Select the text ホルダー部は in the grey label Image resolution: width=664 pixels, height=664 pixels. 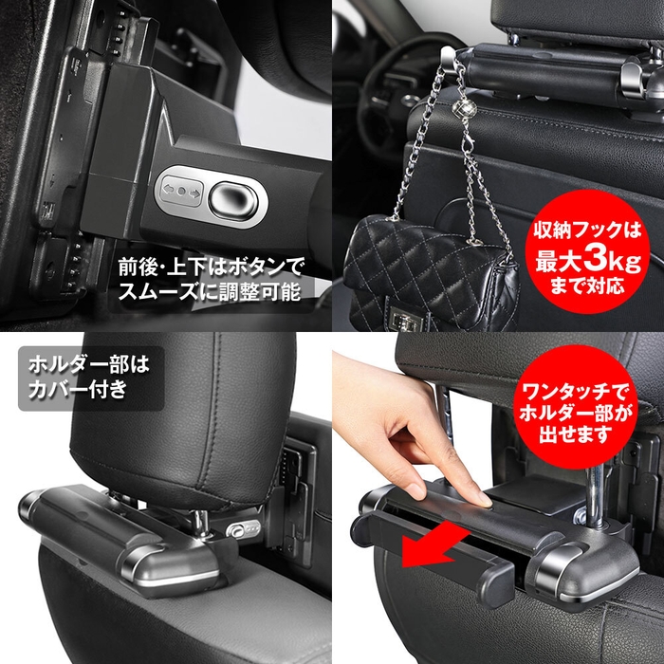tap(87, 363)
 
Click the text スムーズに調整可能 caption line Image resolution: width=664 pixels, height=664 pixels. tap(209, 292)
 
